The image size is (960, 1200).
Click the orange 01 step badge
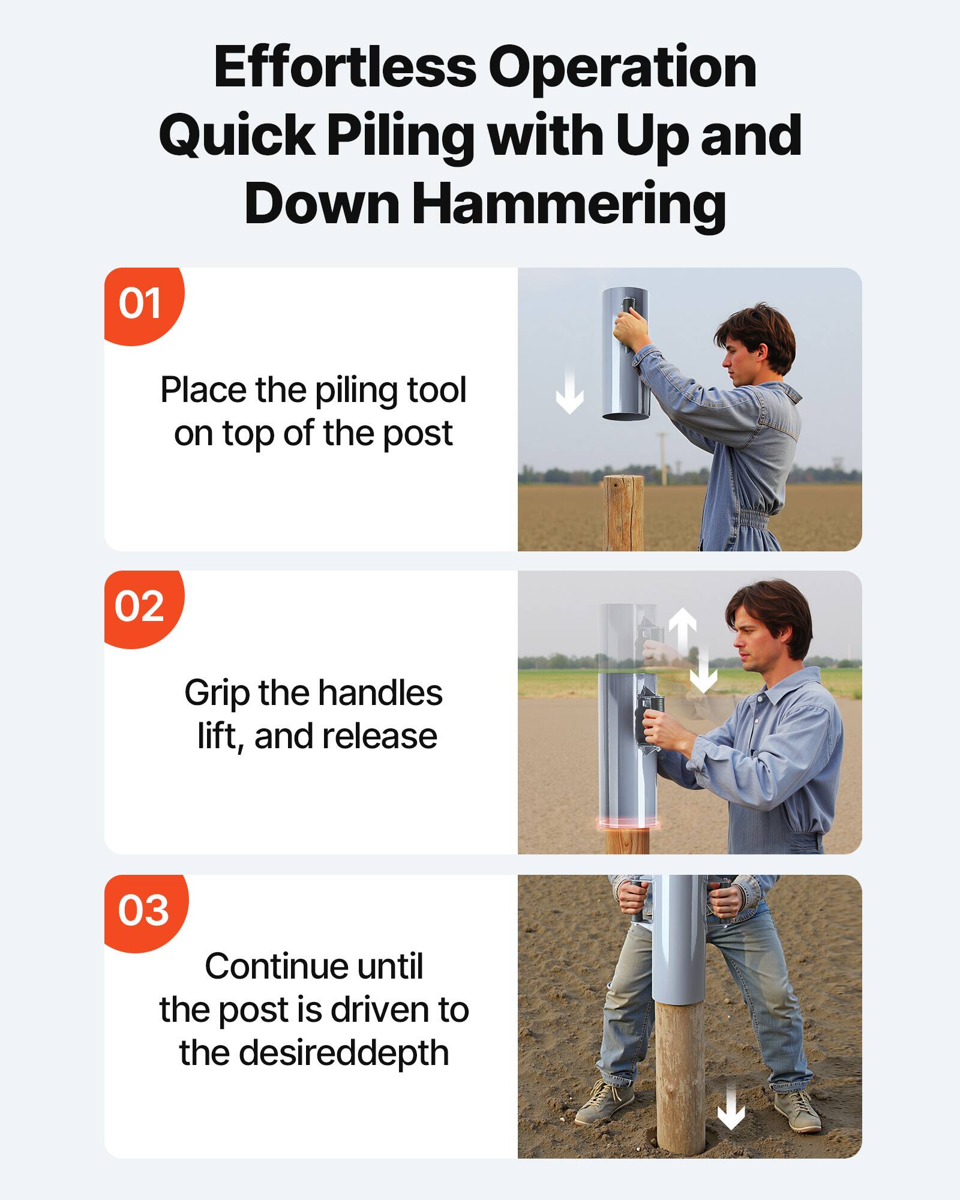pos(142,304)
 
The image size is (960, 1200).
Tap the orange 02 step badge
pos(140,607)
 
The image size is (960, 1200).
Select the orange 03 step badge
pos(144,911)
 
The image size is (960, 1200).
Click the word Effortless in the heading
pos(345,67)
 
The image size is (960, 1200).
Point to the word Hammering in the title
pos(569,204)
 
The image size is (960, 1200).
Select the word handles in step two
pos(380,693)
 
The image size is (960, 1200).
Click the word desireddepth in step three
pos(344,1053)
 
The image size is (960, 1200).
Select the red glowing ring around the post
pos(628,823)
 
